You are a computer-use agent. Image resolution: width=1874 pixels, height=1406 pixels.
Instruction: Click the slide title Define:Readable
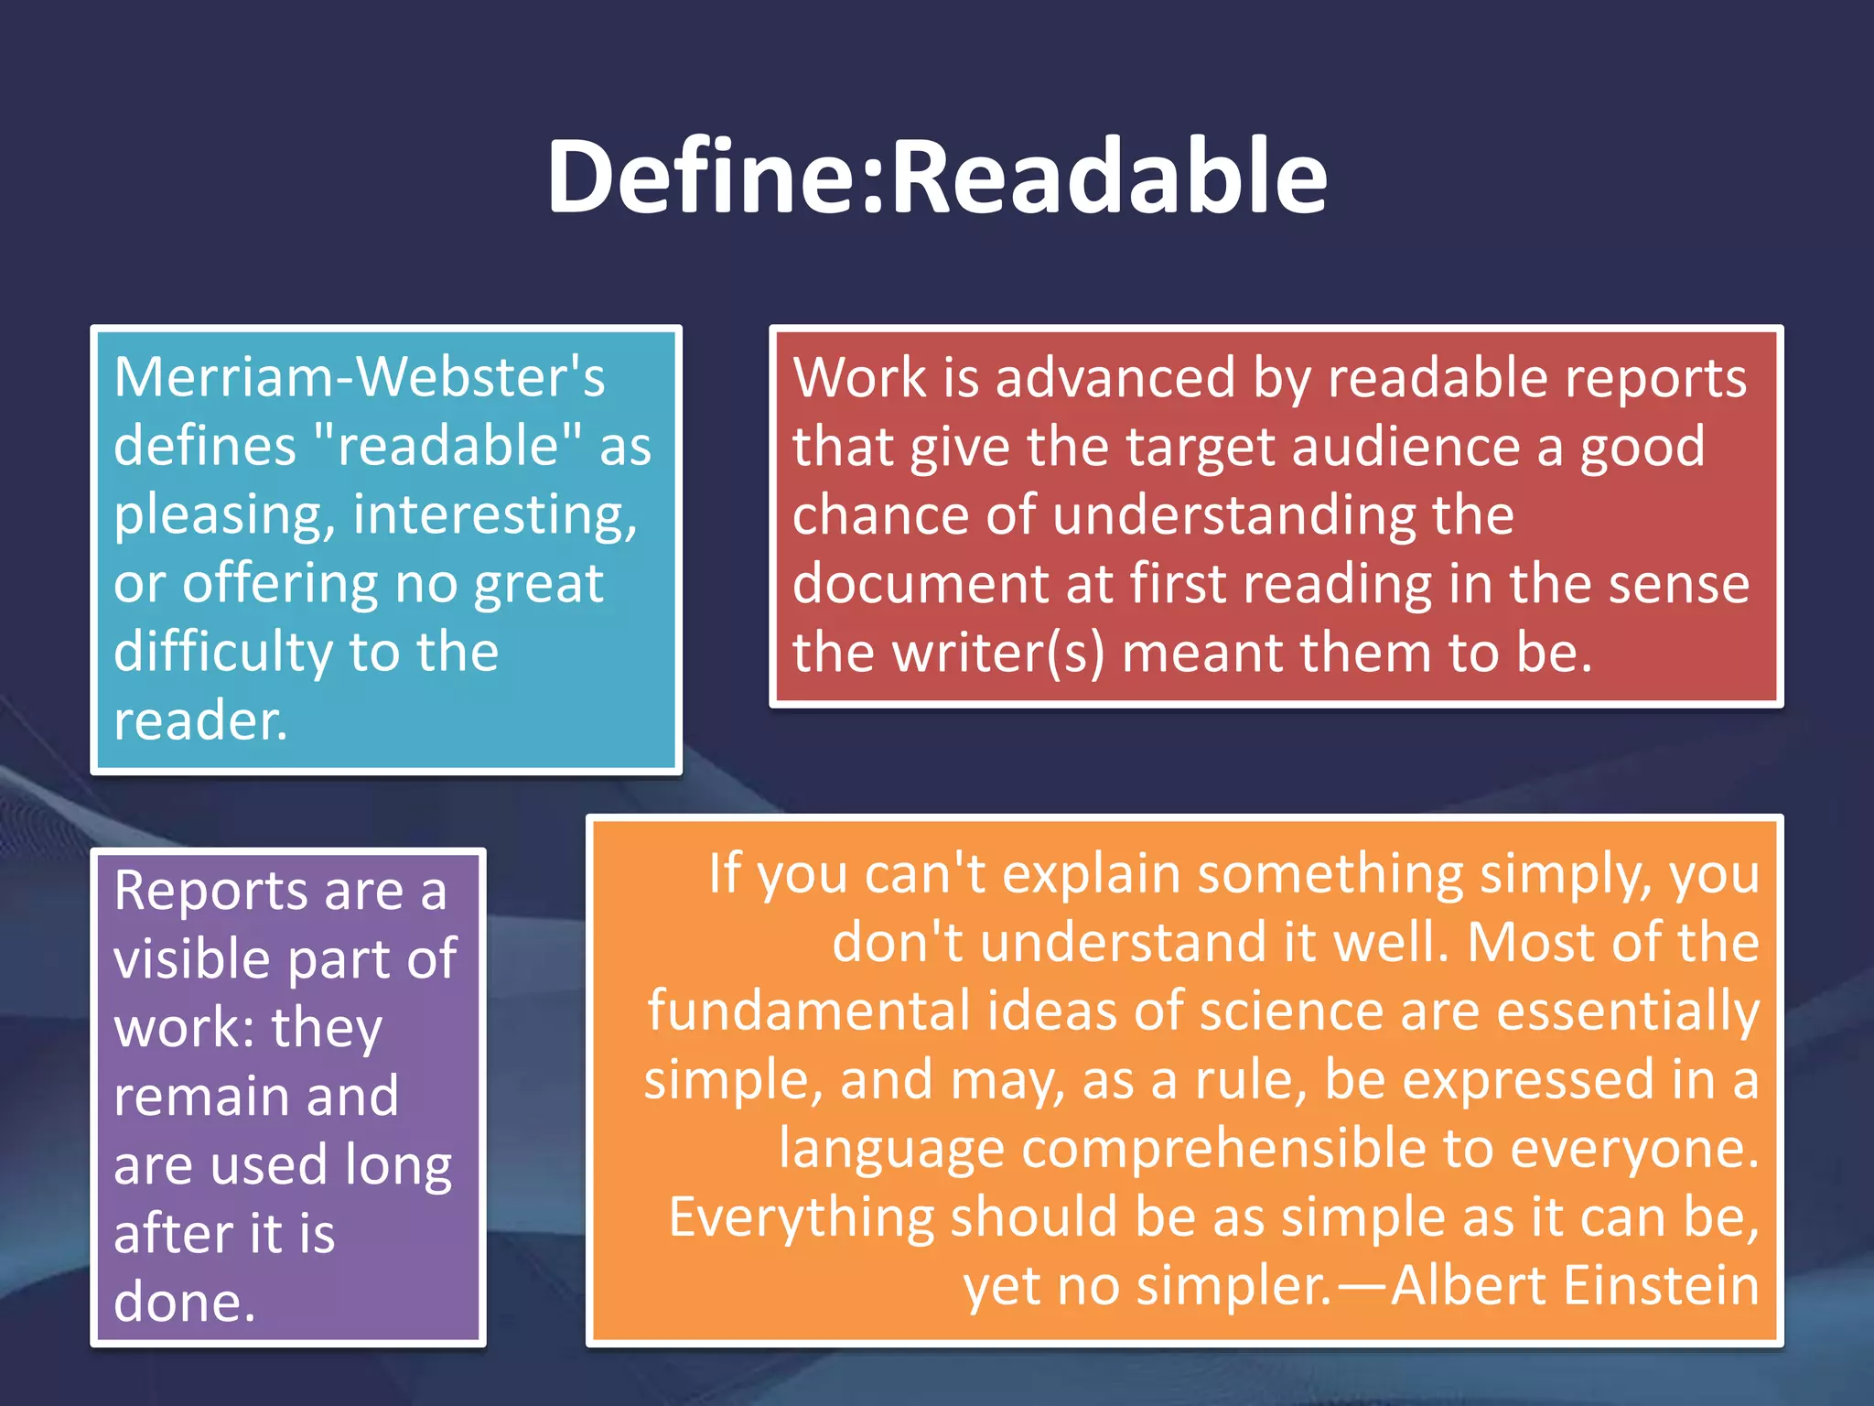936,176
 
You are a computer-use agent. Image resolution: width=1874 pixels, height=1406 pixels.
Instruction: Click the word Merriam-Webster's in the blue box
360,377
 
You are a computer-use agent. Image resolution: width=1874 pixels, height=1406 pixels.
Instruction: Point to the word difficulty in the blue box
222,652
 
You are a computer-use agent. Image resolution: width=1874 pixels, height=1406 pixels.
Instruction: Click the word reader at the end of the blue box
194,721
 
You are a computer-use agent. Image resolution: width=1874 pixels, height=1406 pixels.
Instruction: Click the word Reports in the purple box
211,891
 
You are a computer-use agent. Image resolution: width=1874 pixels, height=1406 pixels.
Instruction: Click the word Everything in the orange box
801,1217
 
